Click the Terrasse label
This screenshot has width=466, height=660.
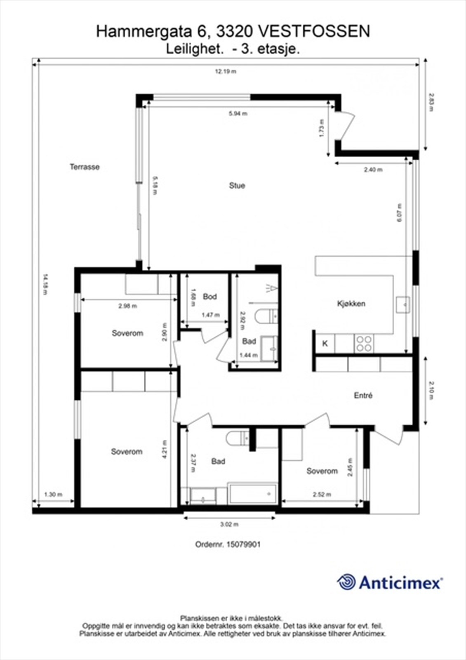85,167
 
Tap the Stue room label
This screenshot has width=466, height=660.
237,186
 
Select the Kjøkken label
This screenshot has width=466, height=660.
351,304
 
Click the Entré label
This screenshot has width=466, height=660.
363,395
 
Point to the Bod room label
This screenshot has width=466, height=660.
210,297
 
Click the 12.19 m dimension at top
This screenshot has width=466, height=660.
226,71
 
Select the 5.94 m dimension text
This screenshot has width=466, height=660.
238,114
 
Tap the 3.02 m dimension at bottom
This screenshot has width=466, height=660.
229,524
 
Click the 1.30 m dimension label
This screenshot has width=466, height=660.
53,494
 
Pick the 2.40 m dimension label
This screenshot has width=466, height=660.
373,170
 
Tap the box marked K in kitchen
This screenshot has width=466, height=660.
325,343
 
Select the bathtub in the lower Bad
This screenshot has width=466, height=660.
253,494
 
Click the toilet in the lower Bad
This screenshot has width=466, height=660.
237,438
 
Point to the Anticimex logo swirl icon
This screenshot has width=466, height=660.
346,582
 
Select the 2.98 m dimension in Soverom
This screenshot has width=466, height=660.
127,306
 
